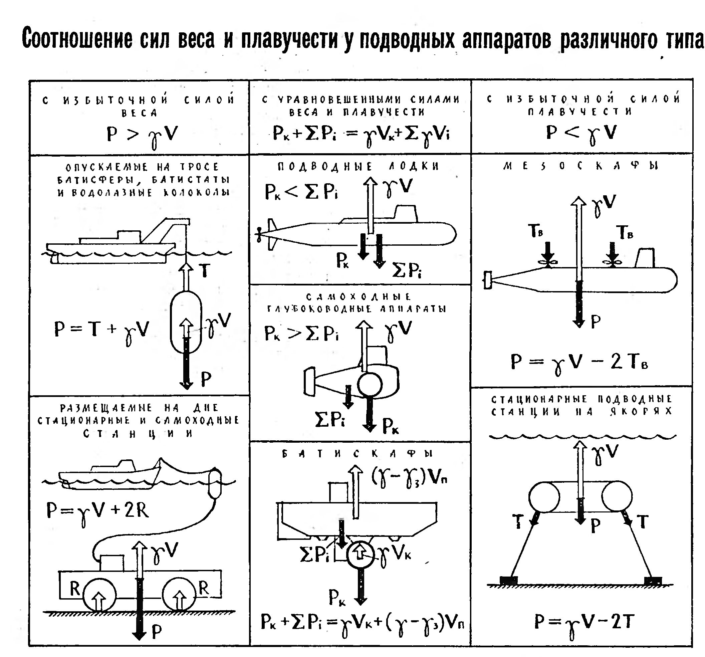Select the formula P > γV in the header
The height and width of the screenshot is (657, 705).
[x=142, y=135]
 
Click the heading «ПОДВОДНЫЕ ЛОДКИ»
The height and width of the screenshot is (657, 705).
[x=358, y=166]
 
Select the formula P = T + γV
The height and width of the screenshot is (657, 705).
[x=101, y=330]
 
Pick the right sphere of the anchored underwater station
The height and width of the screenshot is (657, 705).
[x=616, y=497]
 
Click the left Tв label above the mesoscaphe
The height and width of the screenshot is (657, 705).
[x=535, y=231]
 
